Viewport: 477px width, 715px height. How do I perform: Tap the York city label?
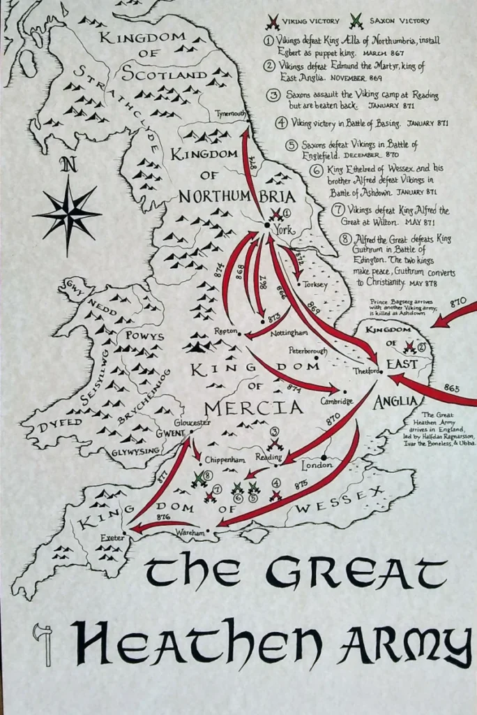click(282, 230)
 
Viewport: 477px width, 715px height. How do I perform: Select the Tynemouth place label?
click(231, 113)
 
